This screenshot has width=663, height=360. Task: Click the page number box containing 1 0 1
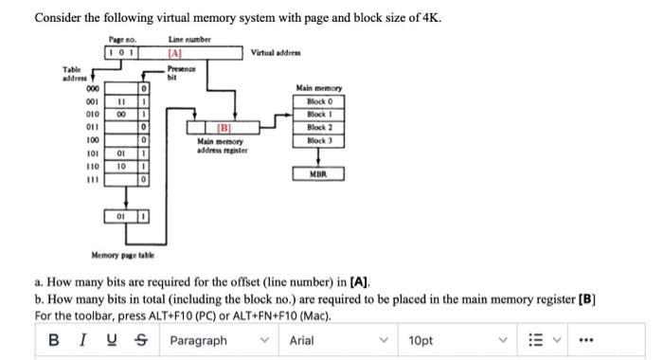(x=123, y=54)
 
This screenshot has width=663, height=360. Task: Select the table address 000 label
(x=93, y=88)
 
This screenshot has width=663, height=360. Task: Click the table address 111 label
(x=93, y=177)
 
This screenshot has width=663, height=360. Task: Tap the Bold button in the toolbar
(x=54, y=340)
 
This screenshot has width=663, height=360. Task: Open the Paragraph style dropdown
(x=217, y=340)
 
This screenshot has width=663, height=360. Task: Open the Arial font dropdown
(x=337, y=340)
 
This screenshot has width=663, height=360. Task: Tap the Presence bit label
(x=180, y=73)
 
